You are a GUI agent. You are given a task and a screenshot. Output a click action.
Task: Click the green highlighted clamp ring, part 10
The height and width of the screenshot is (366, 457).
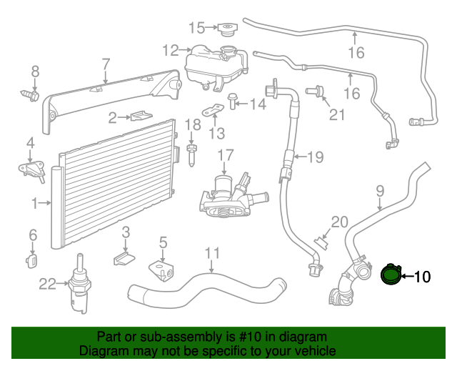point(391,274)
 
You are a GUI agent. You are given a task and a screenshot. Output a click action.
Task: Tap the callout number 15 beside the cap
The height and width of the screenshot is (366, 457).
point(196,28)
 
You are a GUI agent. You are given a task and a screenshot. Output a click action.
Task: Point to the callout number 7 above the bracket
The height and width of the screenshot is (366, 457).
point(105,64)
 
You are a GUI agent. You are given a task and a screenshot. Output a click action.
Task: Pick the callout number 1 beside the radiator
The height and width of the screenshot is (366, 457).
point(34,204)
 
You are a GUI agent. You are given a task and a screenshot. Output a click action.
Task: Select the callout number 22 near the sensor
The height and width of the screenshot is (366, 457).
point(47,285)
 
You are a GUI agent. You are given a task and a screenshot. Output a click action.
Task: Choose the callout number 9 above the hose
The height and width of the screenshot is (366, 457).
point(380,191)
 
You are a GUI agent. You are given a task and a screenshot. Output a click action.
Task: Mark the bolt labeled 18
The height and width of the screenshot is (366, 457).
point(192,152)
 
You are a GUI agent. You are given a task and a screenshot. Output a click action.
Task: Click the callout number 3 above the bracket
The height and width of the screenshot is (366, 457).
point(126,232)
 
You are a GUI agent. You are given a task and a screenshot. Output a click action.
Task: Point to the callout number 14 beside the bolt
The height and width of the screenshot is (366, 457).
point(257,104)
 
